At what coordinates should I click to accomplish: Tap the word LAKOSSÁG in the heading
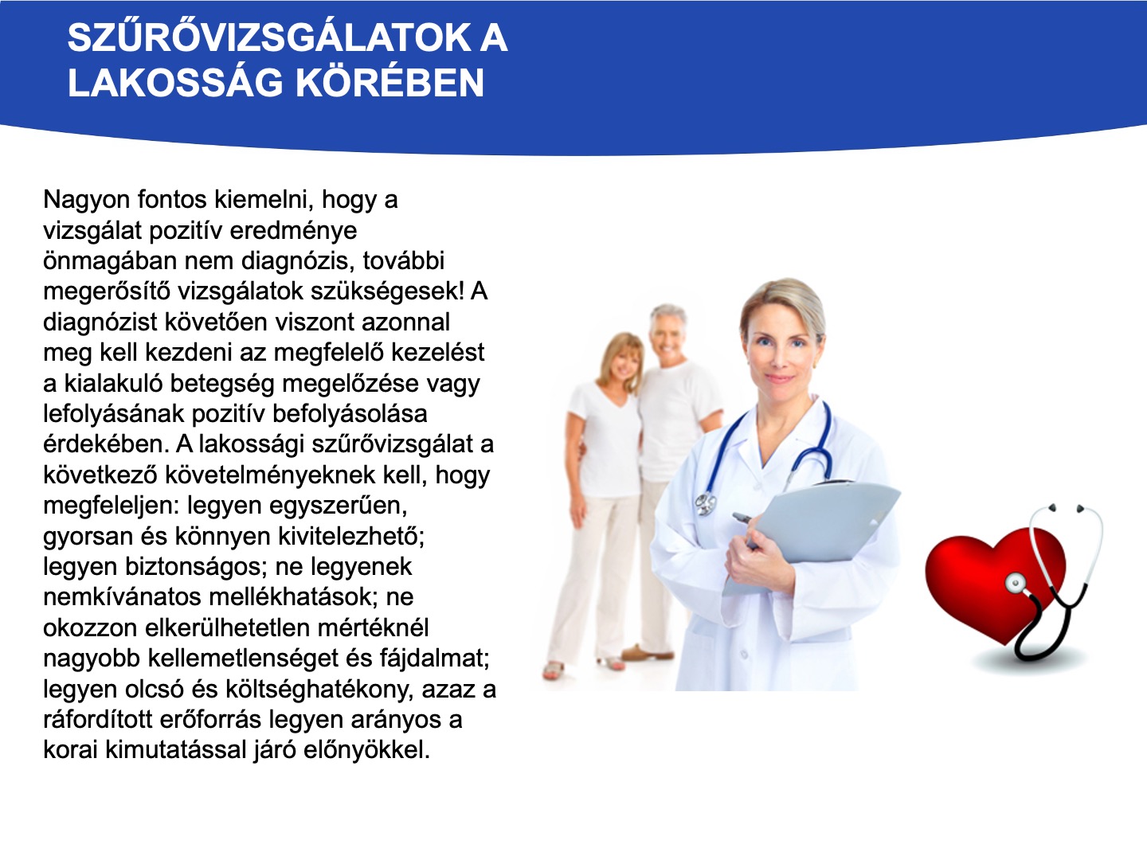[175, 83]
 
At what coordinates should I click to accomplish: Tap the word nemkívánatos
[121, 597]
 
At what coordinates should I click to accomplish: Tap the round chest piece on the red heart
[1016, 581]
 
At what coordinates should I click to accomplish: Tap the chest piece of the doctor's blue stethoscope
[706, 504]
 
